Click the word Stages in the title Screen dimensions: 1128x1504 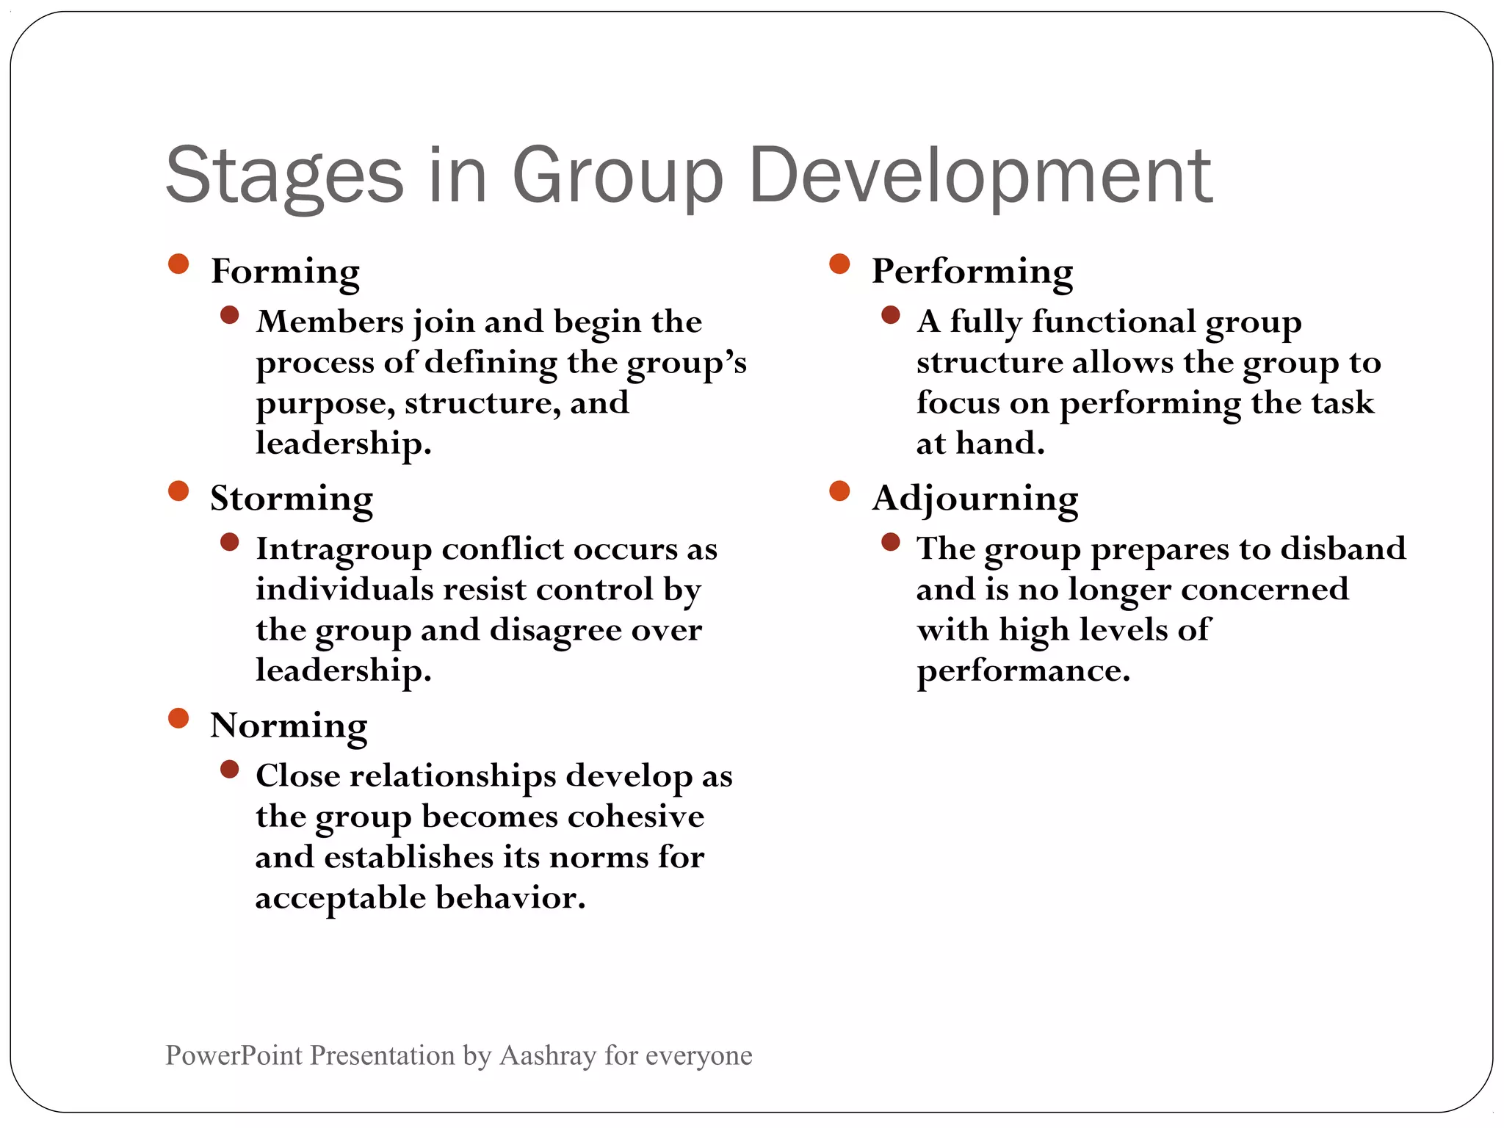[285, 176]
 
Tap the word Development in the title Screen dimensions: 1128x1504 [980, 176]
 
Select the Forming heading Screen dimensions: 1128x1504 [285, 271]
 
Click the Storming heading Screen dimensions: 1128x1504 [292, 499]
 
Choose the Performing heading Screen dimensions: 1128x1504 [972, 271]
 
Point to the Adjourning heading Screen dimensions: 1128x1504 [975, 499]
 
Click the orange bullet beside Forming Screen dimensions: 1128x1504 [178, 264]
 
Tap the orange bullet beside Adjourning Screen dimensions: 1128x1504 [839, 491]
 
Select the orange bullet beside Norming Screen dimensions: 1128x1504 [178, 717]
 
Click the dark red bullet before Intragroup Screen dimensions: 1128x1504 [230, 542]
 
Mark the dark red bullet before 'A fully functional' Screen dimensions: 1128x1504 [891, 315]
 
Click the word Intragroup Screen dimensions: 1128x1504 [343, 549]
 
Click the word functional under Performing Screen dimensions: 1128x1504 [1113, 322]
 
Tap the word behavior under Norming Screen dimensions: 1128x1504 [510, 897]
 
